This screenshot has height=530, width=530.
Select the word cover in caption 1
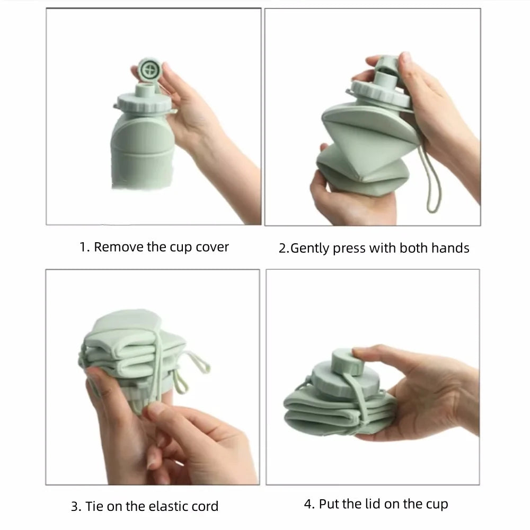click(212, 247)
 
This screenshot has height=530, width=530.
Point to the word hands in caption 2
click(450, 248)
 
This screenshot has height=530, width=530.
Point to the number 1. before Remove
click(84, 247)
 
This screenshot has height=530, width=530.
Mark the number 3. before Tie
click(76, 506)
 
